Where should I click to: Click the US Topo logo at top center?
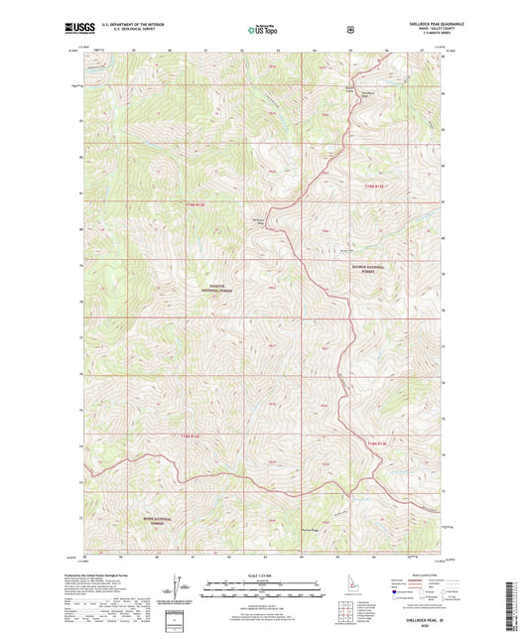[x=262, y=31]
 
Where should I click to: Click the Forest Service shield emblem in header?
[x=348, y=30]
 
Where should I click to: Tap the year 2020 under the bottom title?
[x=424, y=627]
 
